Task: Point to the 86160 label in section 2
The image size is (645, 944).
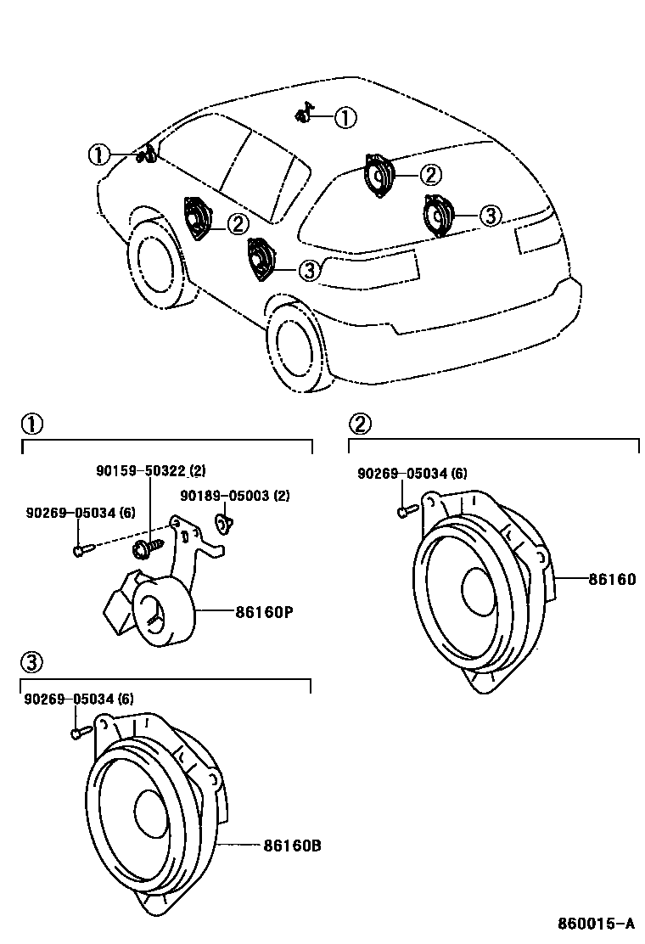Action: pos(611,579)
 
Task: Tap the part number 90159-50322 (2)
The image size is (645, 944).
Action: pos(149,470)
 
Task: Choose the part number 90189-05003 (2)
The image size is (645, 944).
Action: pos(234,496)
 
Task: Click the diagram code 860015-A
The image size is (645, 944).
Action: pos(596,923)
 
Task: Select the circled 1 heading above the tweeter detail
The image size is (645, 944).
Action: pos(31,423)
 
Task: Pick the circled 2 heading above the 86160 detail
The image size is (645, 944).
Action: pos(360,423)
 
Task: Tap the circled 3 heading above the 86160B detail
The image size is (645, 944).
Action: pos(31,662)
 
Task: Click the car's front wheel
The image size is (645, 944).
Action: pos(154,261)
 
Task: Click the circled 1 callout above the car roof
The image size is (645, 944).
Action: pos(345,118)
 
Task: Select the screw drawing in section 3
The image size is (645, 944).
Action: pos(79,729)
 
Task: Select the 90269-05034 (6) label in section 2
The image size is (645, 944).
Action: pos(412,474)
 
